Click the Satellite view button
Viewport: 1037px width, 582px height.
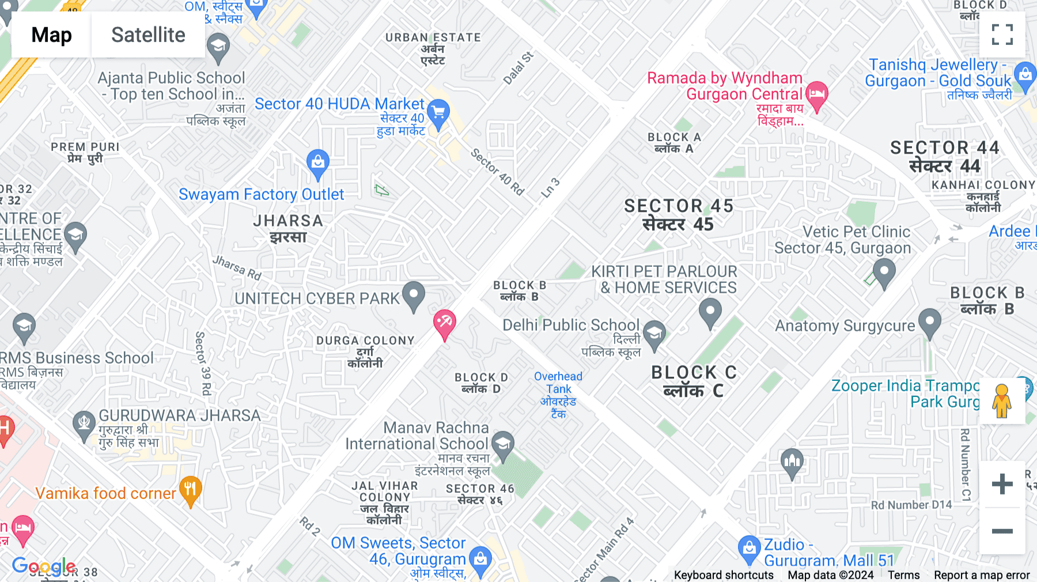pos(148,35)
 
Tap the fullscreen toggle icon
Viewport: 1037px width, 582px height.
pos(1002,35)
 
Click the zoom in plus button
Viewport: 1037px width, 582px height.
pos(1002,484)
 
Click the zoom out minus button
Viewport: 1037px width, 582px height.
pos(1002,531)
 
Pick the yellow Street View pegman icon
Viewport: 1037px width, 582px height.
pos(1002,401)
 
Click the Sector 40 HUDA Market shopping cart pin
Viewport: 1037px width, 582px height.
pos(438,113)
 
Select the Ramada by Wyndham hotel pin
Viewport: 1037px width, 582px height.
pos(816,95)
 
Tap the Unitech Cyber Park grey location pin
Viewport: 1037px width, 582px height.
pos(413,294)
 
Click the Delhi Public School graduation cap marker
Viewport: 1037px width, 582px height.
pos(654,334)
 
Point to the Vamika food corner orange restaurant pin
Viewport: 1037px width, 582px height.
pos(190,490)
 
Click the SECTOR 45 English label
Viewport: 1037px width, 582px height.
pos(678,206)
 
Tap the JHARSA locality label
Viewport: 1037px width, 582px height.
pos(288,221)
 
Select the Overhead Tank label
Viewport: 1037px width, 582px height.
pos(558,383)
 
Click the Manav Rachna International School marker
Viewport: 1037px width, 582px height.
pos(503,445)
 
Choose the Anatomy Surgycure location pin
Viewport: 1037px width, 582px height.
pos(929,322)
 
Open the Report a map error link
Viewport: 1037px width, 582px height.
pos(982,575)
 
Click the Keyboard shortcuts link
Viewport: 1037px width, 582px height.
pos(724,575)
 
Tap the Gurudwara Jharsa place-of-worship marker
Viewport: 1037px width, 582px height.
pos(84,424)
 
